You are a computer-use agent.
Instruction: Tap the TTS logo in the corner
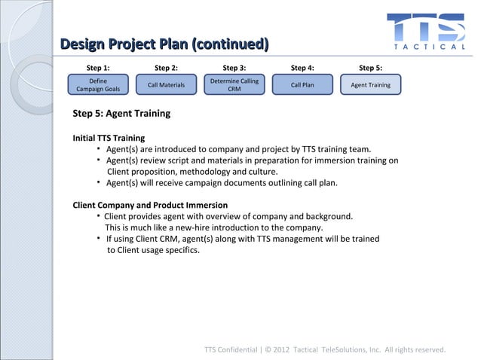click(x=425, y=29)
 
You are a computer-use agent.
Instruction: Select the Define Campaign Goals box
click(x=98, y=85)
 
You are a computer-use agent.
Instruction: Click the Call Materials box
click(x=166, y=85)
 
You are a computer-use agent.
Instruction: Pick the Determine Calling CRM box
click(x=234, y=85)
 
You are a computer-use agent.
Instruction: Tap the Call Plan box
click(x=302, y=85)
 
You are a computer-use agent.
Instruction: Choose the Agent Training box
click(x=371, y=85)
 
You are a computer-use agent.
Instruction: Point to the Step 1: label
click(x=98, y=68)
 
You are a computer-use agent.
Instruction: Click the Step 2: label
click(x=166, y=68)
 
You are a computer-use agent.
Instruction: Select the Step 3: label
click(x=234, y=68)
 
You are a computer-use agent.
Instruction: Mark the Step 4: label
click(x=302, y=68)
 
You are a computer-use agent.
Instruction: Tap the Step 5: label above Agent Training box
click(x=370, y=68)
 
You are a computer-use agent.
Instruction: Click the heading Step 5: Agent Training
click(x=121, y=114)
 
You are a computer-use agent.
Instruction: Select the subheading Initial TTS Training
click(x=109, y=139)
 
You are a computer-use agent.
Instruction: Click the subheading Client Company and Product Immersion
click(x=149, y=205)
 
